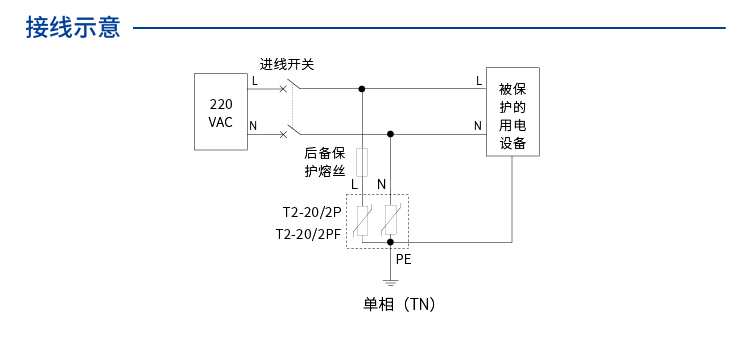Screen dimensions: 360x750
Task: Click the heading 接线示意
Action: tap(73, 28)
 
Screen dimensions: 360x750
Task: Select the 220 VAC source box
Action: tap(220, 112)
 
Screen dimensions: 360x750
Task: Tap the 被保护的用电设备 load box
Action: tap(512, 111)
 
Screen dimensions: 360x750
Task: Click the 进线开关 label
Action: tap(287, 64)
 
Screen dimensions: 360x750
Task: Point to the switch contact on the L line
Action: tap(287, 87)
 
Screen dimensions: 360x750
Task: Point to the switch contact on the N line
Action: tap(287, 131)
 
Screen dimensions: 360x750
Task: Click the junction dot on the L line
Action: tap(362, 88)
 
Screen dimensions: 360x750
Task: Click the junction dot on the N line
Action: tap(390, 133)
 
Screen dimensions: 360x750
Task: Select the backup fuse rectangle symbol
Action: tap(362, 161)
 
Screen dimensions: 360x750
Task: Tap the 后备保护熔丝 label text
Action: tap(325, 162)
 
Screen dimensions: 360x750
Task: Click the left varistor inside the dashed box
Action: tap(362, 220)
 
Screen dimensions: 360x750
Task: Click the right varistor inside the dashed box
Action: tap(390, 220)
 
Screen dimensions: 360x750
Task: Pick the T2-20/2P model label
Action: tap(311, 213)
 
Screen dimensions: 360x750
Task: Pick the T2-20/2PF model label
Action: tap(308, 234)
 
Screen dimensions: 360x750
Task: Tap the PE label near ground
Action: tap(403, 258)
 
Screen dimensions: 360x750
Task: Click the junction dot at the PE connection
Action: tap(390, 242)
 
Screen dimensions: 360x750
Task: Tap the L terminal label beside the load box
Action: tap(478, 80)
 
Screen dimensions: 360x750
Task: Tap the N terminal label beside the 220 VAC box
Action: tap(253, 125)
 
